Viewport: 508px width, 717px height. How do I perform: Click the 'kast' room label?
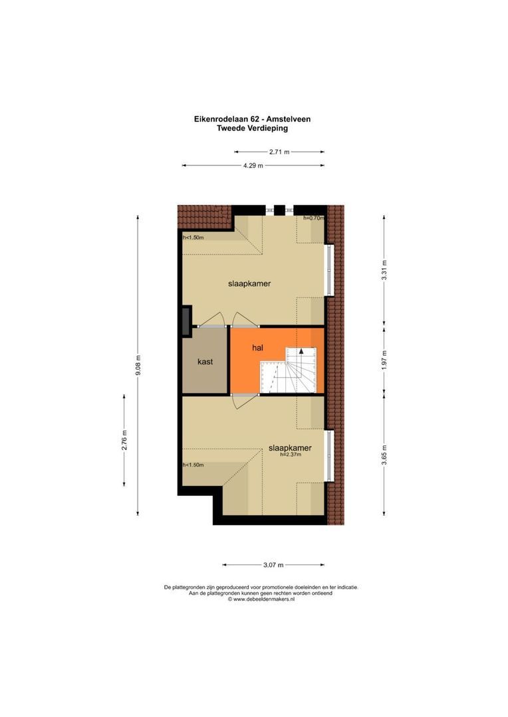pos(205,362)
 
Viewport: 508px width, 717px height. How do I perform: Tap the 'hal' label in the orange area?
pos(258,347)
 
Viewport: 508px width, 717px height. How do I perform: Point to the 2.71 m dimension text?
pos(279,152)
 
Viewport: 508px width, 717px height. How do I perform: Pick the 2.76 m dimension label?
pos(124,440)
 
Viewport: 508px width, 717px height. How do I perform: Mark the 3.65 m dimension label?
pos(384,455)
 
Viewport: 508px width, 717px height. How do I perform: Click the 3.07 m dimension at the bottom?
pos(273,565)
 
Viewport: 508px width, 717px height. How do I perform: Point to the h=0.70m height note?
pos(313,218)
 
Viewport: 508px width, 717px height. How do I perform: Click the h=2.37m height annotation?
pos(291,455)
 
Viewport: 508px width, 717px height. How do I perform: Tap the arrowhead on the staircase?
pos(301,351)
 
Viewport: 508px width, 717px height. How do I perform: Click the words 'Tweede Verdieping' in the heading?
pos(253,129)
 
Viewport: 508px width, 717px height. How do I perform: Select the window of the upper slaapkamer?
pos(328,270)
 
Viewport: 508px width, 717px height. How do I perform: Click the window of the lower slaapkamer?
pos(328,456)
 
